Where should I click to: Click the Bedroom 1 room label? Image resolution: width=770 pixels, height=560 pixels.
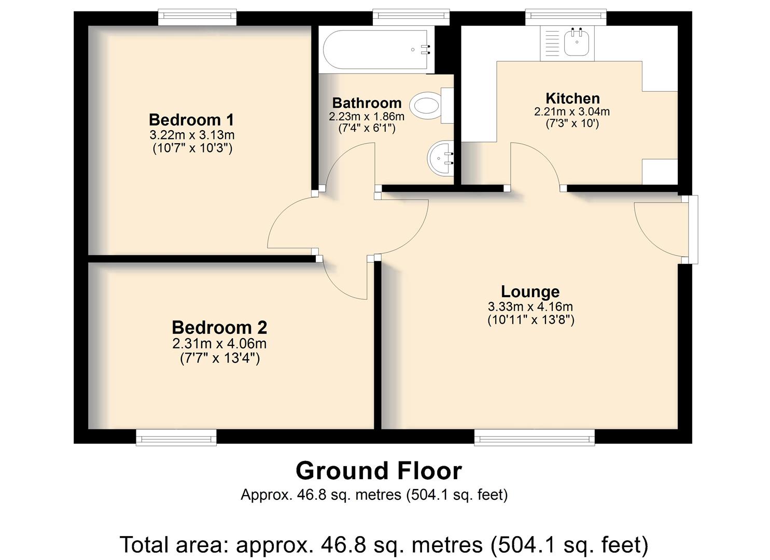click(191, 120)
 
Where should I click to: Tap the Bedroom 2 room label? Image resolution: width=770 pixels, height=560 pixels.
click(219, 328)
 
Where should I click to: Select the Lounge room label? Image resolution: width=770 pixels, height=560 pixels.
click(530, 291)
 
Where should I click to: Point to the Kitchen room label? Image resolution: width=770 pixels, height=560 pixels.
click(572, 99)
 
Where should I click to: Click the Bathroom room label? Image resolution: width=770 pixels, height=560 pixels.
click(367, 103)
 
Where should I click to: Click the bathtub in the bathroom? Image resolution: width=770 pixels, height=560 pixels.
click(377, 49)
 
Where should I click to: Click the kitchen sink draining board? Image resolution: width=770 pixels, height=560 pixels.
click(552, 44)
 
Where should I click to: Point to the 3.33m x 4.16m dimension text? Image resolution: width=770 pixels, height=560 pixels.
click(530, 306)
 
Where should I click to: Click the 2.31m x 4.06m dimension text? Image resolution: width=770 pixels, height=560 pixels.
click(219, 343)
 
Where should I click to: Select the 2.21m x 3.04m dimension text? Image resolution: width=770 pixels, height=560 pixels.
click(572, 111)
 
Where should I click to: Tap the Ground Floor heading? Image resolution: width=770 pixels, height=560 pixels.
click(379, 471)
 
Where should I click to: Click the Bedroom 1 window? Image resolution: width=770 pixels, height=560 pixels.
click(198, 17)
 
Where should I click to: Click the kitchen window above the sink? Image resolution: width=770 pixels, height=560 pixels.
click(566, 17)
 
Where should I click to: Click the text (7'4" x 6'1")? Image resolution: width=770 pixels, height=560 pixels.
click(367, 129)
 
